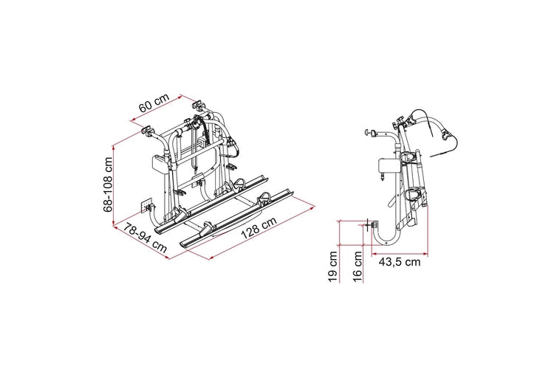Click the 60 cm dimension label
(x=154, y=103)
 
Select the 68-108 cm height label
(x=108, y=184)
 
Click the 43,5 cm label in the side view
(x=400, y=262)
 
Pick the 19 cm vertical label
(x=333, y=266)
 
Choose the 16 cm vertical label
(x=358, y=266)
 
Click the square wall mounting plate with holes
(x=146, y=206)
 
